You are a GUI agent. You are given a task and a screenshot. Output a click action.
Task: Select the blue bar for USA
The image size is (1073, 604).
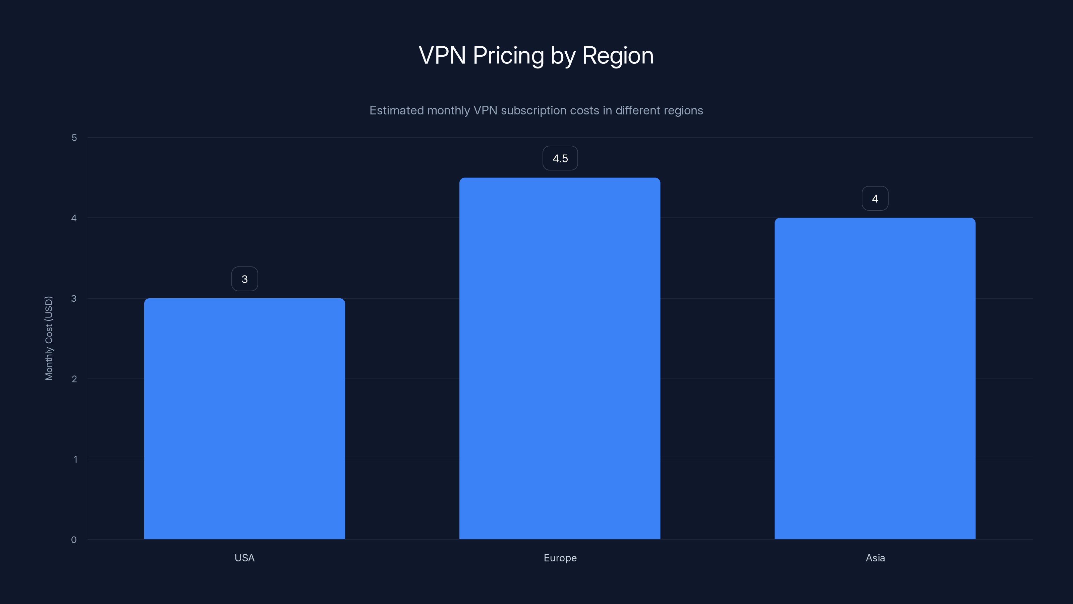(244, 418)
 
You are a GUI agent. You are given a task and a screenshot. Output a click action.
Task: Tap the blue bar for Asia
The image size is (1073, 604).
(875, 379)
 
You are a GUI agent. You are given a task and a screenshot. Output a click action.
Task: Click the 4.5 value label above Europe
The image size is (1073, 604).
(560, 158)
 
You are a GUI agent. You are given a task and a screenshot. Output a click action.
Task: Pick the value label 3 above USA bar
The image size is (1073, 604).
(244, 279)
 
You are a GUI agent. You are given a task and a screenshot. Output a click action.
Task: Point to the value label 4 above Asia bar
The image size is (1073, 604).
(875, 198)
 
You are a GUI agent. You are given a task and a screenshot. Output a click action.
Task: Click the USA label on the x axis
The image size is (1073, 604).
(244, 558)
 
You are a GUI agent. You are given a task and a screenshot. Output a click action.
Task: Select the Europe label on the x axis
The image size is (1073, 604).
(560, 558)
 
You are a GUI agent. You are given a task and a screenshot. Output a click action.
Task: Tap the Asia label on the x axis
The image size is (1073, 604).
(875, 558)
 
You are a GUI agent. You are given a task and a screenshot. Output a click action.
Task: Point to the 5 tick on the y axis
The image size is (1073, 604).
(74, 138)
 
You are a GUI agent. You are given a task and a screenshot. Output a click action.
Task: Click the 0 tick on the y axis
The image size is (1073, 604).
(74, 540)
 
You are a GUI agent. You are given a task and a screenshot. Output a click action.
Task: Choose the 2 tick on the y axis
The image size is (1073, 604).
(74, 379)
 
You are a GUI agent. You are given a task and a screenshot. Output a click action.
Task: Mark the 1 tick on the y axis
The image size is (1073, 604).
(75, 459)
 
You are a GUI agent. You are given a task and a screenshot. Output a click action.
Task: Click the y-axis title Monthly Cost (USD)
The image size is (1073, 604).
(49, 338)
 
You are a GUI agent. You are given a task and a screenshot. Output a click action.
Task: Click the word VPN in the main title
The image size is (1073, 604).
(442, 55)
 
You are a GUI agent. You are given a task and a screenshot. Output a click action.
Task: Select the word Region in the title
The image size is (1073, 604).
(618, 55)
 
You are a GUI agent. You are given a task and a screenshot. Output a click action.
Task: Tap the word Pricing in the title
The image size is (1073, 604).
(508, 55)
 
